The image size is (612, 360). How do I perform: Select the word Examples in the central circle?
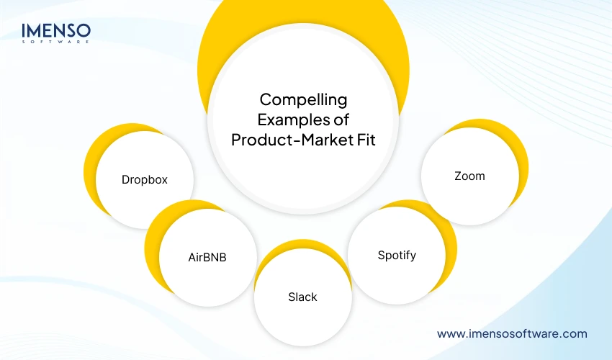(283, 119)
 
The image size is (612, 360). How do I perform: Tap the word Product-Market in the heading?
(288, 139)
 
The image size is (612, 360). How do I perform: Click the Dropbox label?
(145, 179)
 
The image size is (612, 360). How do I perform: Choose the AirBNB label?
(207, 256)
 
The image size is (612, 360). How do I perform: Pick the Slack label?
(302, 297)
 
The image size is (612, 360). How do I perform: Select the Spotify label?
(397, 255)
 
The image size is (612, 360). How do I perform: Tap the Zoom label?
(469, 176)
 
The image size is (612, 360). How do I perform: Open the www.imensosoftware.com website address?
(512, 333)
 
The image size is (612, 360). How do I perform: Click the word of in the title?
(337, 119)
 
